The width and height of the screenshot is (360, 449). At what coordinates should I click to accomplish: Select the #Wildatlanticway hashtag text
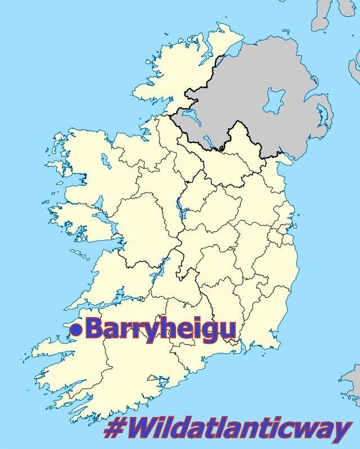228,430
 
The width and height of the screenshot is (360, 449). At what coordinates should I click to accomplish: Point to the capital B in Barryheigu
95,329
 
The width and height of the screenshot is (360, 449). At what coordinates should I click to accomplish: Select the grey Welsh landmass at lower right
352,383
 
